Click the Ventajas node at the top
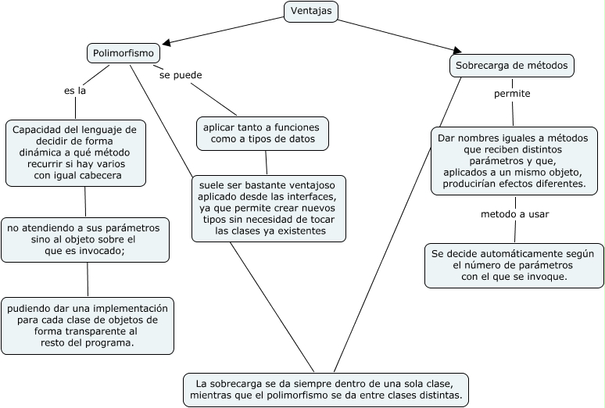coord(310,11)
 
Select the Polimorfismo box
coord(123,53)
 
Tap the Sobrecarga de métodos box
coord(512,66)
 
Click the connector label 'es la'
coord(75,91)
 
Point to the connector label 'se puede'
coord(181,76)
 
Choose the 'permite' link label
coord(512,94)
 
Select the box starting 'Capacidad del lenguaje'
coord(75,152)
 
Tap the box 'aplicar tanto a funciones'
coord(263,133)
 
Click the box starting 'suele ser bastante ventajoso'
coord(268,208)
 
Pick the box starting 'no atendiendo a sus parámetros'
coord(84,239)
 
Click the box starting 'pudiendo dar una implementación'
coord(88,325)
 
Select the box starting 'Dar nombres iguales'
coord(513,160)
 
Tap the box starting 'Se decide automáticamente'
coord(514,265)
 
